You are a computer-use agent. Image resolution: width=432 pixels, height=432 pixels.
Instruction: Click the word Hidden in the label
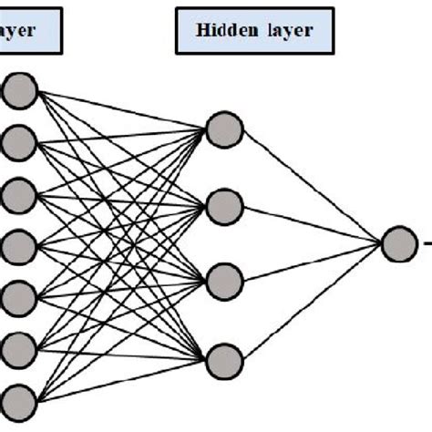pyautogui.click(x=221, y=31)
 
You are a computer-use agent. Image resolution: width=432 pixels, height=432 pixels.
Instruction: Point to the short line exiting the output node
pyautogui.click(x=424, y=243)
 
